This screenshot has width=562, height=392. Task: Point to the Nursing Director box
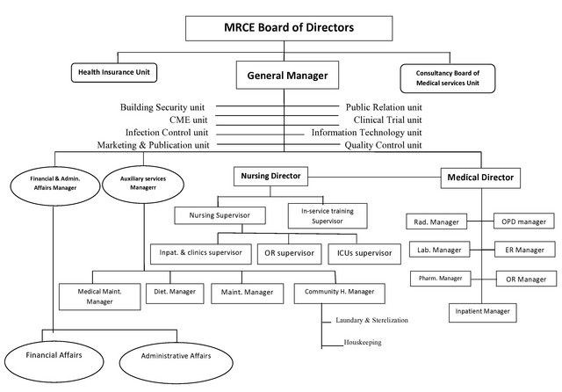click(270, 177)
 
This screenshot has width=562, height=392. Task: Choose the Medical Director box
click(480, 178)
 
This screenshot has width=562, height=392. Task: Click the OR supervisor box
click(289, 253)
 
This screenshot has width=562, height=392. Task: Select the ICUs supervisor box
click(364, 253)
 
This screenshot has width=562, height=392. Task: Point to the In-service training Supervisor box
click(327, 214)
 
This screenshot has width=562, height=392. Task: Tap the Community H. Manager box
click(338, 291)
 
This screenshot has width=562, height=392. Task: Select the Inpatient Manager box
click(482, 311)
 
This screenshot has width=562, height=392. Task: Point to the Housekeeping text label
click(363, 342)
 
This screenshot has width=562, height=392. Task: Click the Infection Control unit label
click(166, 132)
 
